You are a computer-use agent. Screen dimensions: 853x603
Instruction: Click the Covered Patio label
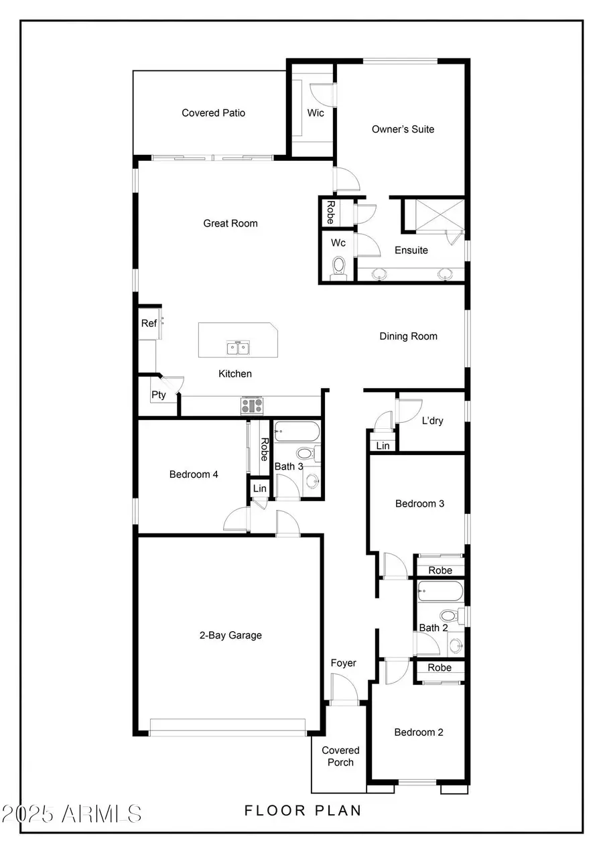coord(213,113)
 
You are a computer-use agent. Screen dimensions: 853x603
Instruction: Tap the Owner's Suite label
coord(403,129)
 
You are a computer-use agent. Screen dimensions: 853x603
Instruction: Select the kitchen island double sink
coord(237,347)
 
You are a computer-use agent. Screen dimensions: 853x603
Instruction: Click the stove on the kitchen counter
coord(253,405)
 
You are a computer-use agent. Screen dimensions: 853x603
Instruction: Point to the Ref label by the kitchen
coord(148,324)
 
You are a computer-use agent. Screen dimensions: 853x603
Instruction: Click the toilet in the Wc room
coord(339,266)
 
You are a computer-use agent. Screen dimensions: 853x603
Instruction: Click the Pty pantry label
coord(158,395)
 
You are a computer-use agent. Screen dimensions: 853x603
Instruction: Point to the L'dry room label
coord(432,421)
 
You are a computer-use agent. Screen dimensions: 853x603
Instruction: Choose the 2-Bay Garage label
coord(230,635)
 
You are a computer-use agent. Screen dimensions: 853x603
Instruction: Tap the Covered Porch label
coord(340,757)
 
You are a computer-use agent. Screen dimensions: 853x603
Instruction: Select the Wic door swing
coord(321,94)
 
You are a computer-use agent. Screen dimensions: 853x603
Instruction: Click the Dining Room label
coord(408,336)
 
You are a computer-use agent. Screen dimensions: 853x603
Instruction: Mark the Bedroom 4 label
coord(194,474)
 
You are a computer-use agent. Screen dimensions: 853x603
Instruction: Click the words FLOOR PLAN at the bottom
coord(303,811)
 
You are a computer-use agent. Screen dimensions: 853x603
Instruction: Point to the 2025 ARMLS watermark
coord(72,814)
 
